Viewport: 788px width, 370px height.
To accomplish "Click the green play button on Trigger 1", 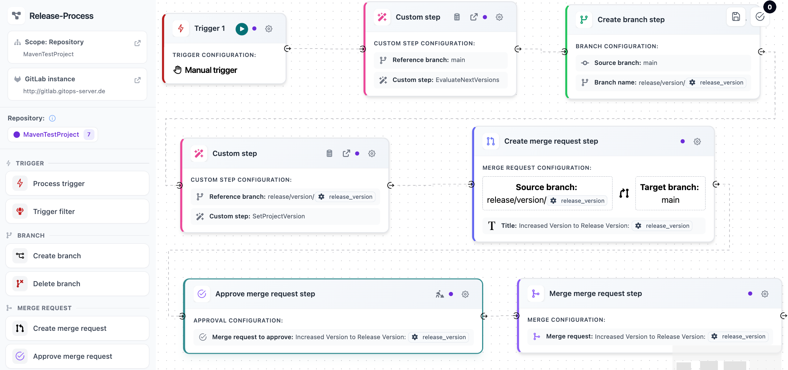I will click(x=242, y=29).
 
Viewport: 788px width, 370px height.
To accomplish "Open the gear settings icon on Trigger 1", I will click(x=268, y=29).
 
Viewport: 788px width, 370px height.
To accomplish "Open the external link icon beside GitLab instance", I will click(x=137, y=80).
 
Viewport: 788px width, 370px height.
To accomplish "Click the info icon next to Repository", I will click(x=52, y=118).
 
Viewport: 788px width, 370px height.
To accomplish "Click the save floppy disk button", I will click(x=736, y=17).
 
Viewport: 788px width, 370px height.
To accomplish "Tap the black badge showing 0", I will click(x=769, y=7).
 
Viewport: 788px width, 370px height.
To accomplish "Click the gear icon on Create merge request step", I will click(x=697, y=141).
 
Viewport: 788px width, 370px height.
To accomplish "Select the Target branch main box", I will click(x=670, y=193).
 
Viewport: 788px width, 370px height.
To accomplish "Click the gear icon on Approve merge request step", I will click(x=465, y=294).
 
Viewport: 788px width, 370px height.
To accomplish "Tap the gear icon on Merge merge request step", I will click(x=764, y=294).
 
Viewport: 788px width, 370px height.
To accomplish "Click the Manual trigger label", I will click(x=211, y=70).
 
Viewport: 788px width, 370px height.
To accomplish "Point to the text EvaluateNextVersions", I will click(x=467, y=80).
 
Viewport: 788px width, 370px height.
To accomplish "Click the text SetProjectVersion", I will click(x=278, y=216).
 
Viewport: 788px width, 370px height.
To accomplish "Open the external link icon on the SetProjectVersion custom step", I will click(x=346, y=153).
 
